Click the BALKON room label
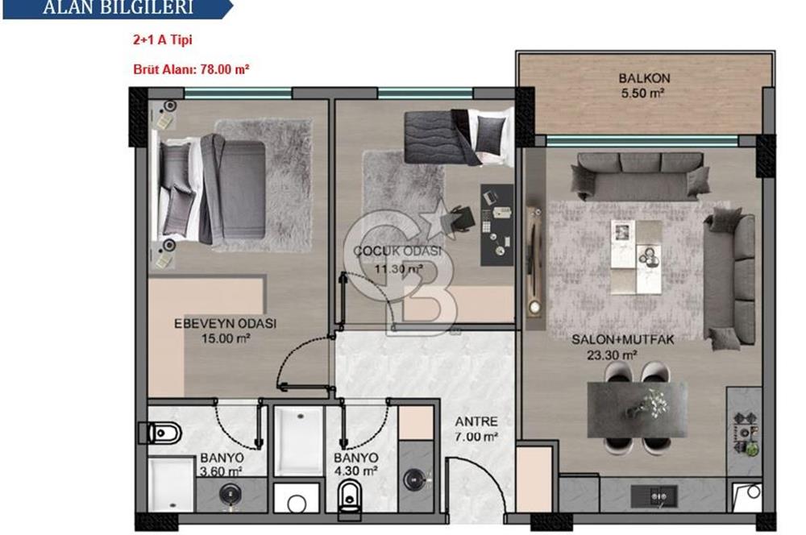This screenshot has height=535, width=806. pos(638,79)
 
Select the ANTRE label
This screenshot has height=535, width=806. pos(476,421)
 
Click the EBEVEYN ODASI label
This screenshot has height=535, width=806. pos(226,324)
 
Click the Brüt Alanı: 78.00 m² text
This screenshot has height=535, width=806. pos(191,69)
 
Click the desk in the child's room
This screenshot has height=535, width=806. pos(496,224)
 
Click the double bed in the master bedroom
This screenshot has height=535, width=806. pos(214,189)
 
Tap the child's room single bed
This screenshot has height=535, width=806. pos(455,134)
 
